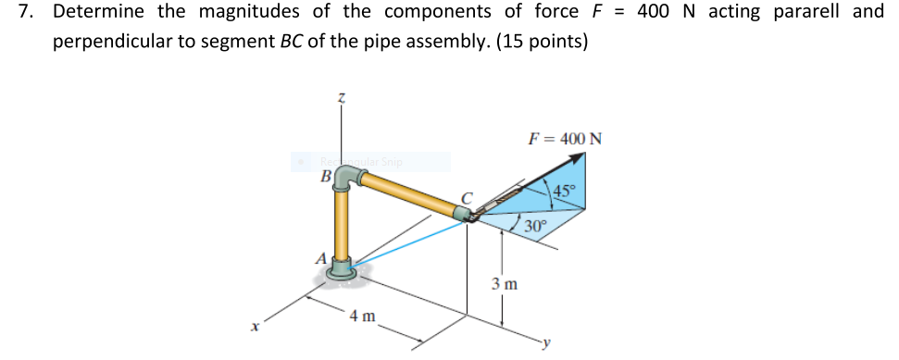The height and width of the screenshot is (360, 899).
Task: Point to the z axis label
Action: point(341,96)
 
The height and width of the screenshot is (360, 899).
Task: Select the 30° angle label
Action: point(535,225)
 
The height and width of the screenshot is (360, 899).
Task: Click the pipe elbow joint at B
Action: point(344,178)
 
